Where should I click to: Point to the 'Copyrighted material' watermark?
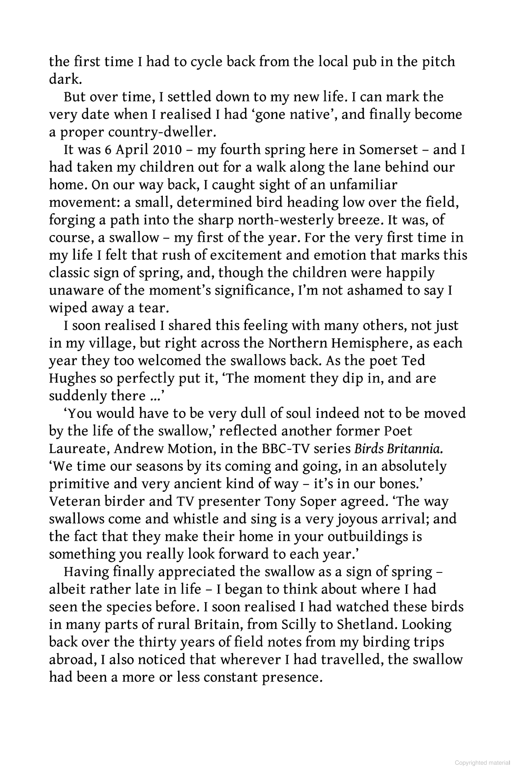[x=482, y=763]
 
